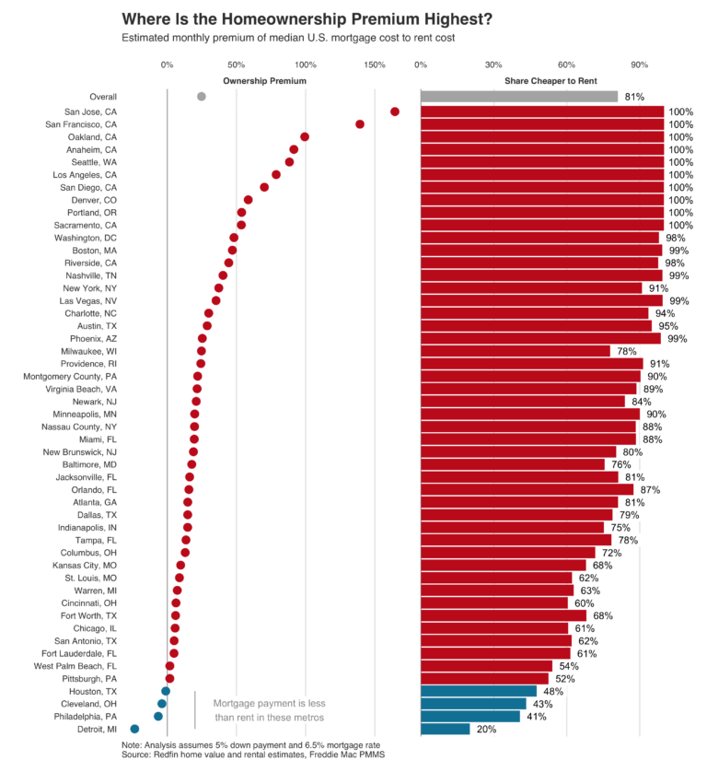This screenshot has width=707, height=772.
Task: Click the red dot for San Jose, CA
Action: pos(394,111)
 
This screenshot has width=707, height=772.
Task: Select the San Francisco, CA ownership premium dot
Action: pos(360,124)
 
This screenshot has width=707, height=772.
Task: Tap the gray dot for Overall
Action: pos(202,97)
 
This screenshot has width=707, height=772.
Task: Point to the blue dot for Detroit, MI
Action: pos(134,729)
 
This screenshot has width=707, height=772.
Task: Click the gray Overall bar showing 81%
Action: pos(518,97)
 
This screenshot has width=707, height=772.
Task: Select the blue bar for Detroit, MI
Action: pos(445,729)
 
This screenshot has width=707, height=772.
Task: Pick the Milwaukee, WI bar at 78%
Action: pos(515,351)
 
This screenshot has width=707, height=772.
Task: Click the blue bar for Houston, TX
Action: pos(478,691)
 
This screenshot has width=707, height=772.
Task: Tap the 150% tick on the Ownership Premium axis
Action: pos(375,65)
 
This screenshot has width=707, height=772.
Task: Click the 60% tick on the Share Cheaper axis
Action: pos(566,65)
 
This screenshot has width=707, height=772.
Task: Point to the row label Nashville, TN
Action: pos(91,275)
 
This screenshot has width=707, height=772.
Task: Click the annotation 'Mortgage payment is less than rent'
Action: pos(269,710)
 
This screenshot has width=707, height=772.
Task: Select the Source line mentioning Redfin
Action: pos(252,754)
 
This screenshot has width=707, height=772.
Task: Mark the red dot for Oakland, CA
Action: pos(305,136)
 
